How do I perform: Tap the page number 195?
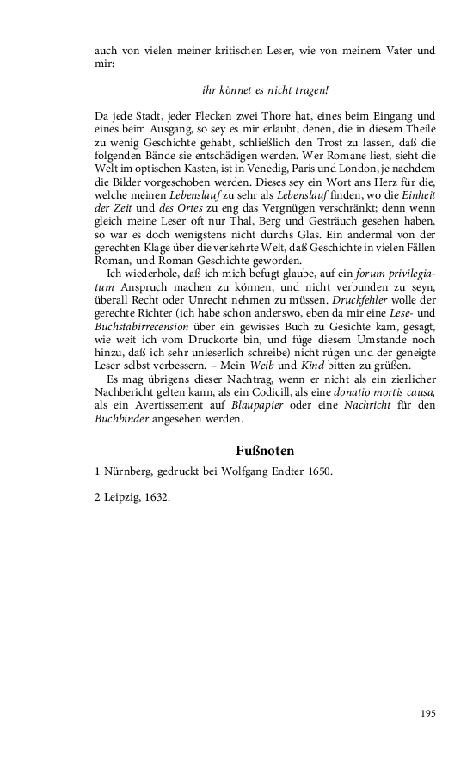click(429, 713)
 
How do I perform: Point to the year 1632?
click(155, 497)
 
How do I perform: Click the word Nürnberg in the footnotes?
click(127, 472)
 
